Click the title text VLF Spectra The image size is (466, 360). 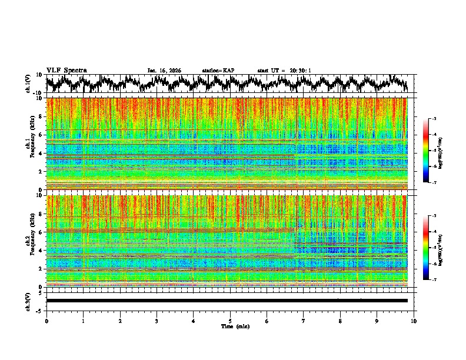[x=66, y=70]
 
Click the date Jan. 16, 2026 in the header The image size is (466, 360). [x=164, y=71]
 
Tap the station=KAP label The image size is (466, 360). [x=218, y=71]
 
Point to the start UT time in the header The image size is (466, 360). [x=284, y=71]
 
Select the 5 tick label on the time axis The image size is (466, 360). [x=230, y=320]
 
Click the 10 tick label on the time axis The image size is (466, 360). [x=414, y=320]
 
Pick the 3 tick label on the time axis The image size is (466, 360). [x=157, y=320]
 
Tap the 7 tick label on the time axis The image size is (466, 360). [x=304, y=320]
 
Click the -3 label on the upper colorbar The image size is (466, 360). [x=434, y=119]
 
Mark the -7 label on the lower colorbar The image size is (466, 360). [x=434, y=281]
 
